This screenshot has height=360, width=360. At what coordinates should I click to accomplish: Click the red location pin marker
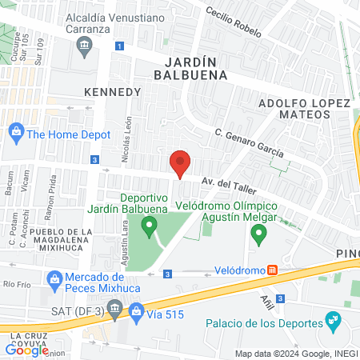(181, 164)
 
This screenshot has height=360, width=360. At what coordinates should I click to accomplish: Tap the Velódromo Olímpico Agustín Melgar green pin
(258, 234)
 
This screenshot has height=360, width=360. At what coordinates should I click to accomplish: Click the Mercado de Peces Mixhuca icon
(54, 279)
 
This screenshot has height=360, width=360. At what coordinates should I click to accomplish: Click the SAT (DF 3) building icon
(115, 307)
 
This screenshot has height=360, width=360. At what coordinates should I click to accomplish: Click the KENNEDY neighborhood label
(112, 92)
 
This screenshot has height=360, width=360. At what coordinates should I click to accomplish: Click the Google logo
(26, 350)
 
